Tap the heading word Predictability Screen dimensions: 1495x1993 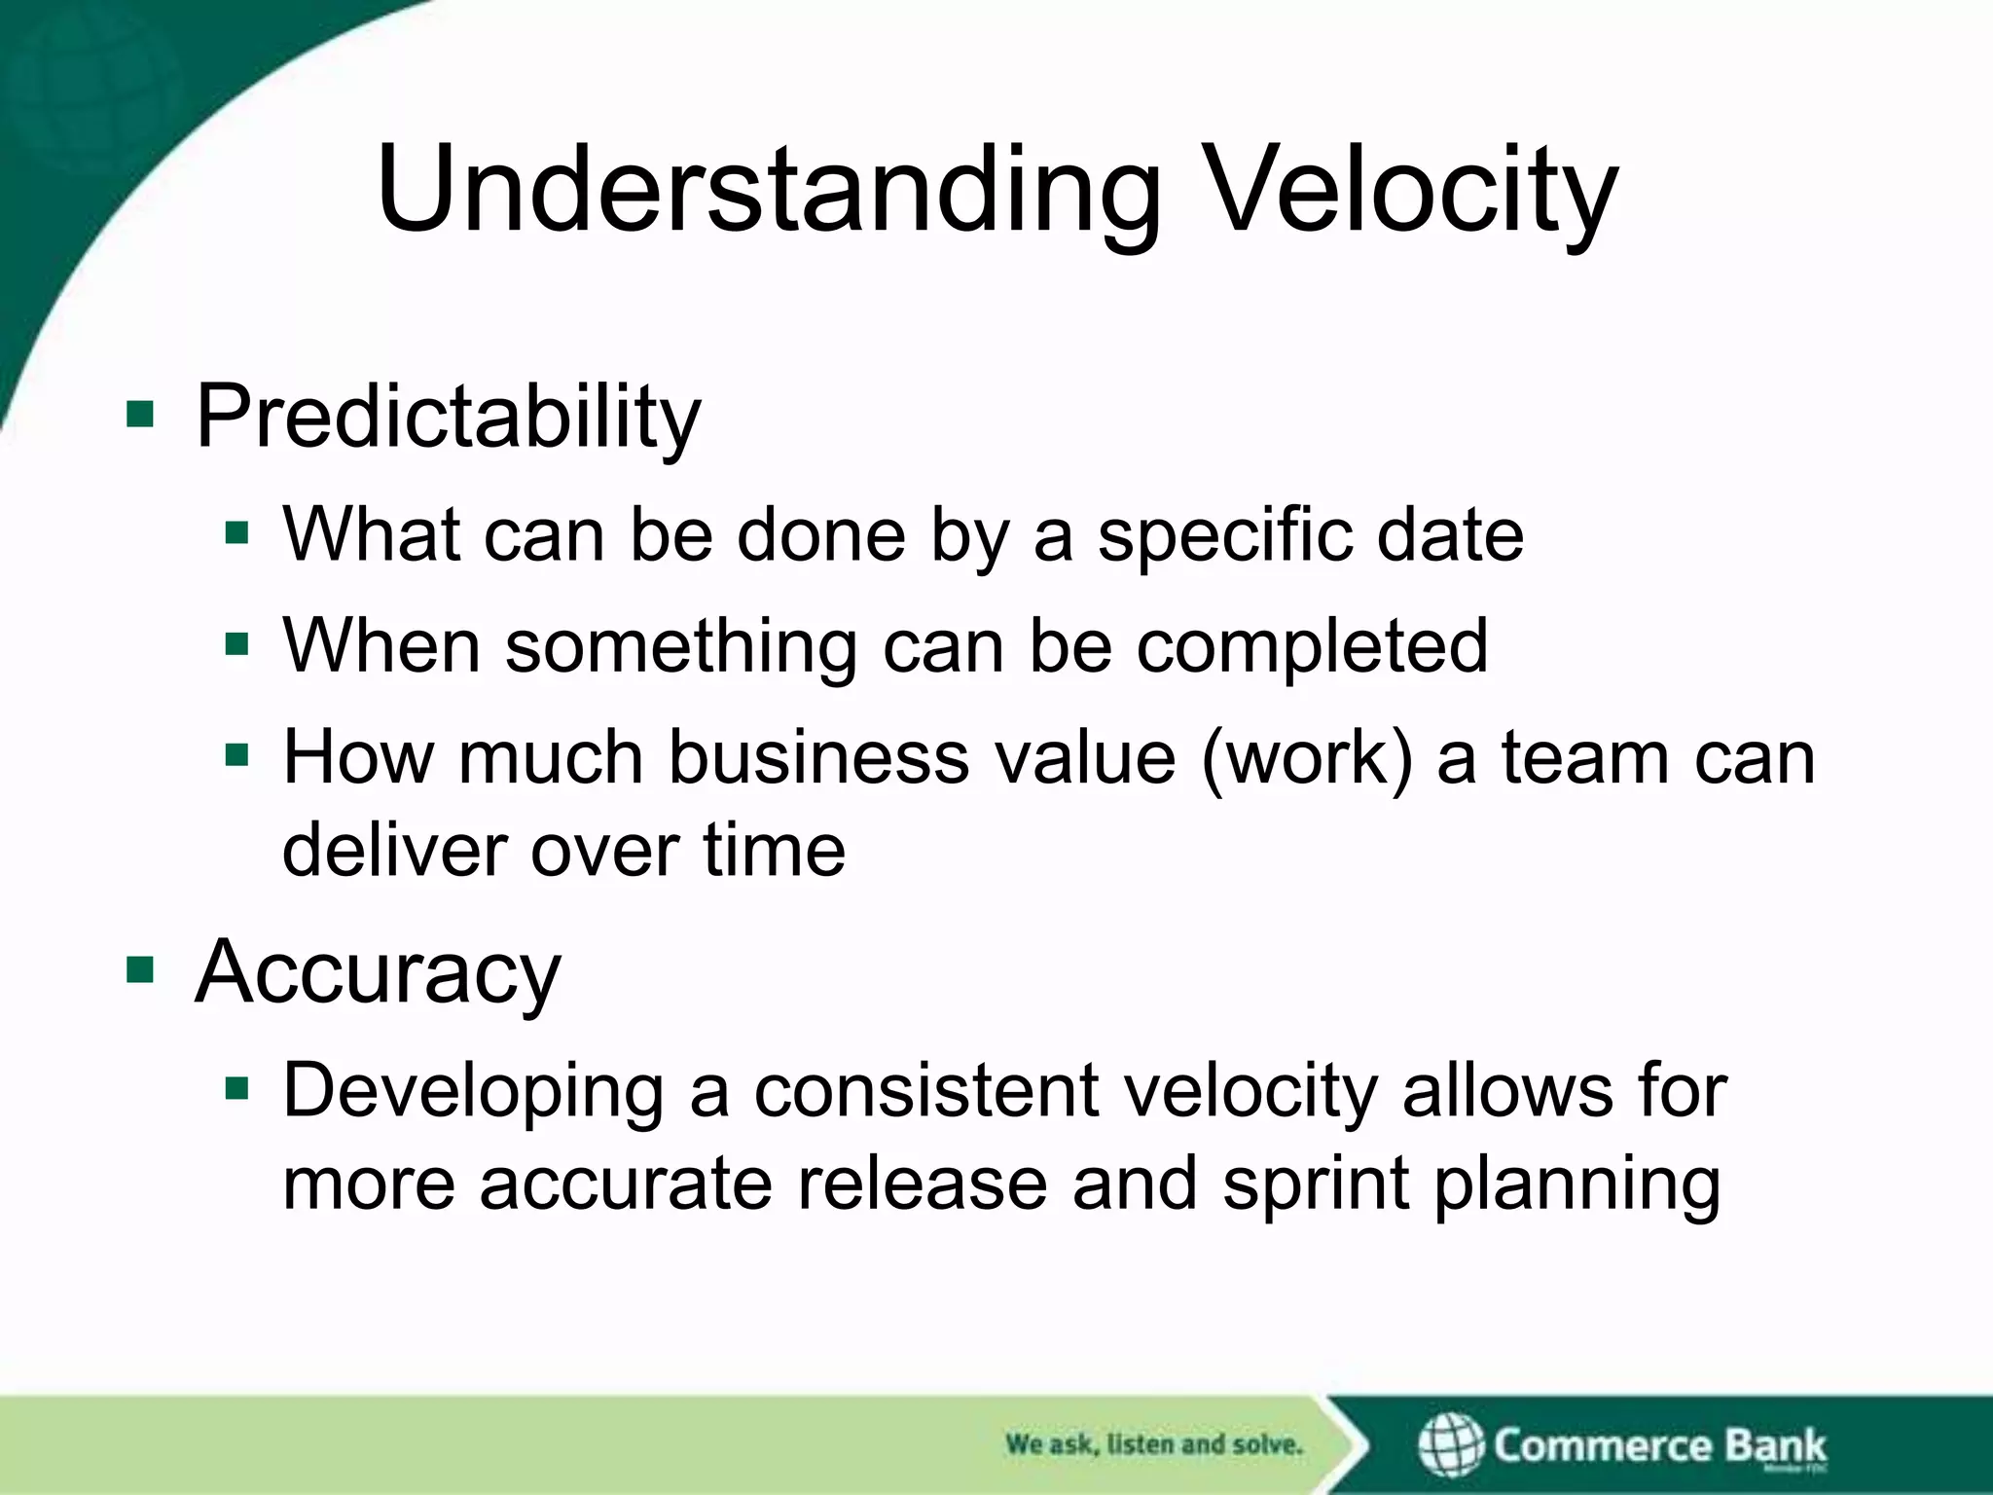point(448,417)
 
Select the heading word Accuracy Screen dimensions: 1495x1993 point(378,971)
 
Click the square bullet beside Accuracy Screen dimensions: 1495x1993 point(140,969)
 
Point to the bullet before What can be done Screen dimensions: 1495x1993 point(236,533)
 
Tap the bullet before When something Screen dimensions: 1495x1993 point(236,643)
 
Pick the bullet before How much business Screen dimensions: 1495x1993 point(236,754)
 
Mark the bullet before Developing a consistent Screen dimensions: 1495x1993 point(236,1087)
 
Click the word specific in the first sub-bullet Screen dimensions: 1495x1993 point(1224,535)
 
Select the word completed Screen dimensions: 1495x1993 point(1311,646)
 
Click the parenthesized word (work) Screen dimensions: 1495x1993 point(1307,757)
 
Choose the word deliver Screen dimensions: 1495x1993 point(393,850)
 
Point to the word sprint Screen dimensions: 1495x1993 point(1316,1185)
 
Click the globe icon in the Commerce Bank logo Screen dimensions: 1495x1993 point(1450,1444)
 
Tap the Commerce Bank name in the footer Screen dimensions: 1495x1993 point(1659,1444)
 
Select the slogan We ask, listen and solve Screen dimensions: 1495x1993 point(1153,1444)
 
